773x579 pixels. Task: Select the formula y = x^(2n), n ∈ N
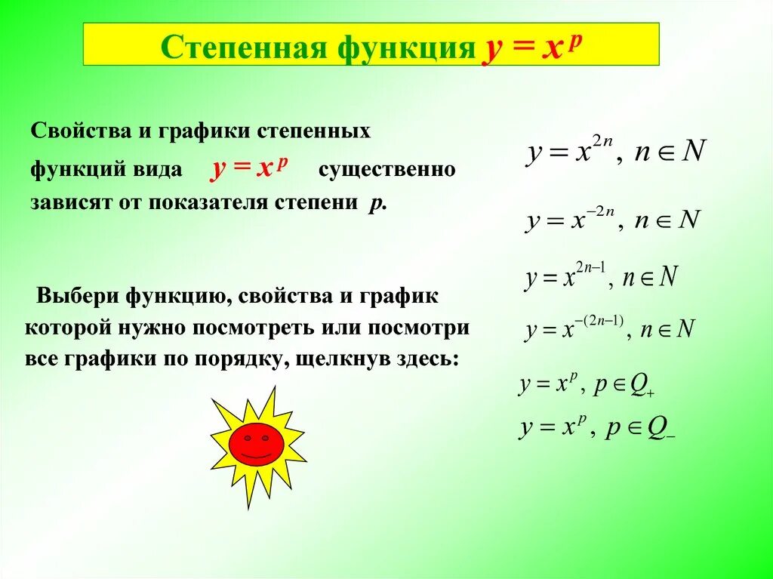(616, 152)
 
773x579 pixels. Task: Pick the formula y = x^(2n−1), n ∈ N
(601, 278)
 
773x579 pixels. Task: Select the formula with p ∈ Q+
(586, 386)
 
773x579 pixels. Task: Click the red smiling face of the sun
(256, 443)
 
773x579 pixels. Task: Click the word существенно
(386, 169)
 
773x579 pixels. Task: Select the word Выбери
(75, 295)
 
